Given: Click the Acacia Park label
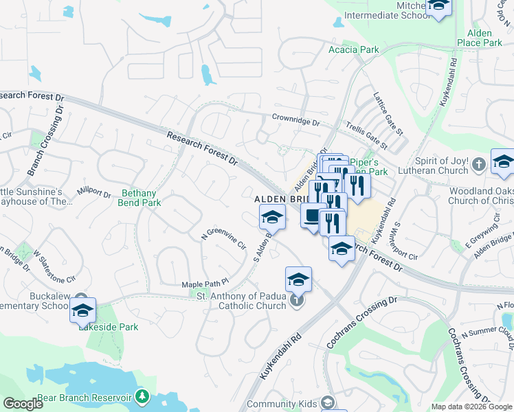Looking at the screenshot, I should pos(354,49).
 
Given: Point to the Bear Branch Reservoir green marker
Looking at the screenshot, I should pos(142,396).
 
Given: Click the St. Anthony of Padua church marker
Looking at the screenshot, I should pos(296,301).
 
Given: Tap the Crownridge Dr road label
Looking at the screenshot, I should pos(295,119).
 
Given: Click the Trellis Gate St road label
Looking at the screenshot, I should pos(365,136).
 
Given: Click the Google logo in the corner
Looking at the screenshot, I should pos(23,404).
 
